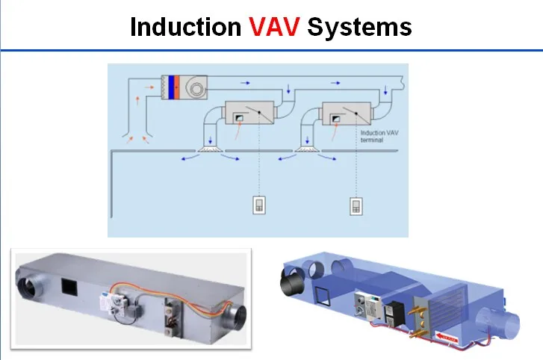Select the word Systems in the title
coord(359,27)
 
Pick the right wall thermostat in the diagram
coord(356,205)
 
